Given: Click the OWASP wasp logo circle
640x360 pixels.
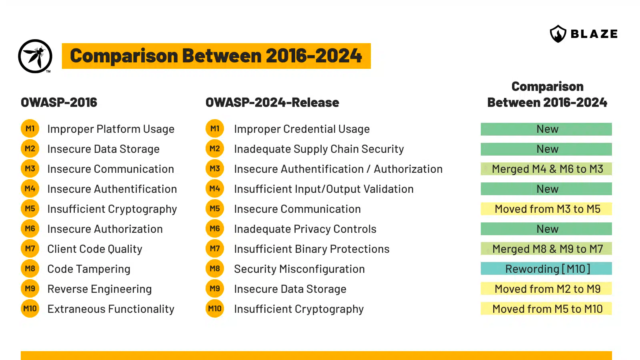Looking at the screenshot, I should [x=35, y=56].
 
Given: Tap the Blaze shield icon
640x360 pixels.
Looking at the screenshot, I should [x=558, y=34].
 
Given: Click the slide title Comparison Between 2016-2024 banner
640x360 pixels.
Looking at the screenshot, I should [x=216, y=56].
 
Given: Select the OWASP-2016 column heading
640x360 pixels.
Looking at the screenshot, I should [x=59, y=102].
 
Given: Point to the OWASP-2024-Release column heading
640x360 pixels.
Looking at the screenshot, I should [x=272, y=102].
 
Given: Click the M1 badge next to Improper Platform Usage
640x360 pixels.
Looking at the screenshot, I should [x=30, y=129].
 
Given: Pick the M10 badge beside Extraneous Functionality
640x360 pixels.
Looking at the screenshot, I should [x=30, y=309].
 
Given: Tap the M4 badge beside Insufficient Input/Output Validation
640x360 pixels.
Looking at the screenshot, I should [x=215, y=189].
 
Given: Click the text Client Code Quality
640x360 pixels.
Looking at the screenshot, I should [x=95, y=249].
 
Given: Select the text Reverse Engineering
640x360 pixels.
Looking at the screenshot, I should [x=99, y=289].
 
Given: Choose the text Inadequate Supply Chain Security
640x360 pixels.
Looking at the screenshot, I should [x=319, y=149].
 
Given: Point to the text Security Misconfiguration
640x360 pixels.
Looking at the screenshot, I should [x=299, y=269].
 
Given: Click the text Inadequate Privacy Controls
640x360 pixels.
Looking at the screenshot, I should [x=305, y=229].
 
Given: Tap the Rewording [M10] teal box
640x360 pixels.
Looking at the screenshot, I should [x=546, y=269].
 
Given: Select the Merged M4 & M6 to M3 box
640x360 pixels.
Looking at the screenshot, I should [x=546, y=169].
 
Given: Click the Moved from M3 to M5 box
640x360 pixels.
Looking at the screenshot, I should [x=546, y=209].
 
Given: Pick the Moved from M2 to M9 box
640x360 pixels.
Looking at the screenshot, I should [x=546, y=289].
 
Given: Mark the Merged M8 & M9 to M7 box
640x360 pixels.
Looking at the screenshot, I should [x=546, y=249].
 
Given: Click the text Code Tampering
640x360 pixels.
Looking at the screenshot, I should [x=89, y=269].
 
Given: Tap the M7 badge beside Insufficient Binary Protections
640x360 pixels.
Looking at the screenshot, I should [x=215, y=249].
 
